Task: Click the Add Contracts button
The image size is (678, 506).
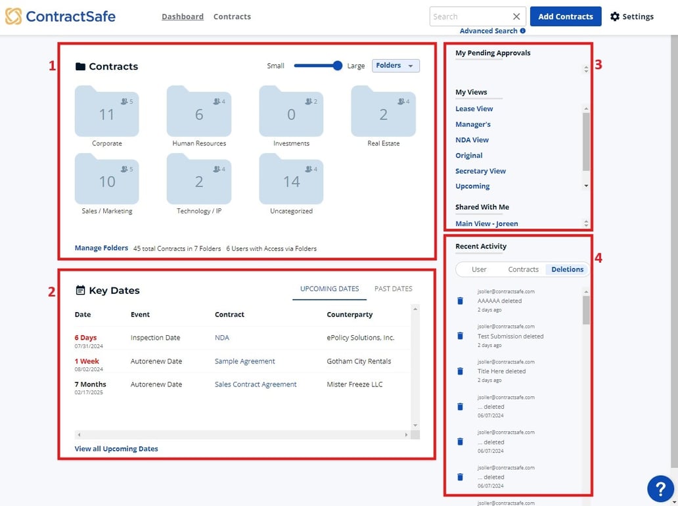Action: [x=565, y=16]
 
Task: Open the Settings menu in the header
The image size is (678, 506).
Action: [x=631, y=16]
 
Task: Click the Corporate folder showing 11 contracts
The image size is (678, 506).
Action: [x=106, y=112]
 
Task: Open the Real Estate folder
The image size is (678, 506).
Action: [x=383, y=112]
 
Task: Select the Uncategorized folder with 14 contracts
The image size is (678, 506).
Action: [x=291, y=179]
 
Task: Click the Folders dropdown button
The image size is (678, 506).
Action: [x=395, y=66]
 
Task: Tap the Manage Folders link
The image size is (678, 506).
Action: [x=101, y=248]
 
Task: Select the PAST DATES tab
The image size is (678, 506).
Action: [x=393, y=288]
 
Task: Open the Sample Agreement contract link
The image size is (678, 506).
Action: [x=244, y=361]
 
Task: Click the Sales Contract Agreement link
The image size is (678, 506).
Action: [x=256, y=384]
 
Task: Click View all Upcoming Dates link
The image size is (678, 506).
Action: [x=116, y=449]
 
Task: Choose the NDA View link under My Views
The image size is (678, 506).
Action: [x=472, y=140]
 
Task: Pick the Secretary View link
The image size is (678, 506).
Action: [x=480, y=171]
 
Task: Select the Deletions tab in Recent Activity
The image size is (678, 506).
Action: [x=567, y=269]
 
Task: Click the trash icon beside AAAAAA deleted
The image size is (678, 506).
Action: [x=460, y=300]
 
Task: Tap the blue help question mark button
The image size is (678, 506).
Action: [x=660, y=488]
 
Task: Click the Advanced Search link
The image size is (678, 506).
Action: [x=488, y=31]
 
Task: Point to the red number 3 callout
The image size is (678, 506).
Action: [x=599, y=64]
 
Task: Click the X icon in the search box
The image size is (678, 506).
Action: [x=516, y=16]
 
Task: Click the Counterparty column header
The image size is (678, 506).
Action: [x=350, y=315]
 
